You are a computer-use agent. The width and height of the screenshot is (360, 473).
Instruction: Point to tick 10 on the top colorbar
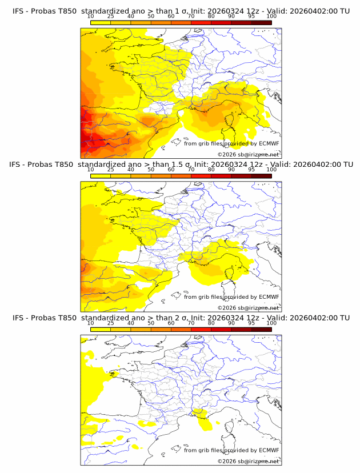tap(90, 17)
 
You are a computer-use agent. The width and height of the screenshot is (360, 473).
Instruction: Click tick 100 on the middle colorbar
tap(271, 170)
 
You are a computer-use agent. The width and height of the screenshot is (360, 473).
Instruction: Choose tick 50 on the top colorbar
tap(151, 17)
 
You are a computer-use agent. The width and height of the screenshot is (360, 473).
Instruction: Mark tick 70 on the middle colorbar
tap(191, 170)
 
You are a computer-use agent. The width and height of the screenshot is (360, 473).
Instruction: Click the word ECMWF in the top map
tap(269, 143)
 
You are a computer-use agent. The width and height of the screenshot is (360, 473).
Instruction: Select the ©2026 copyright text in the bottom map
tap(227, 461)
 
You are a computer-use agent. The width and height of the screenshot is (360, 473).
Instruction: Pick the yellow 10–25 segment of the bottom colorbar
tap(101, 329)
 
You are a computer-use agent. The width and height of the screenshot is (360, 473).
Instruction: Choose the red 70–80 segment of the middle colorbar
tap(201, 176)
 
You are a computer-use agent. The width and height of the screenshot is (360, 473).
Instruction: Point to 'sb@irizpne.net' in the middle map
tap(259, 307)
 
